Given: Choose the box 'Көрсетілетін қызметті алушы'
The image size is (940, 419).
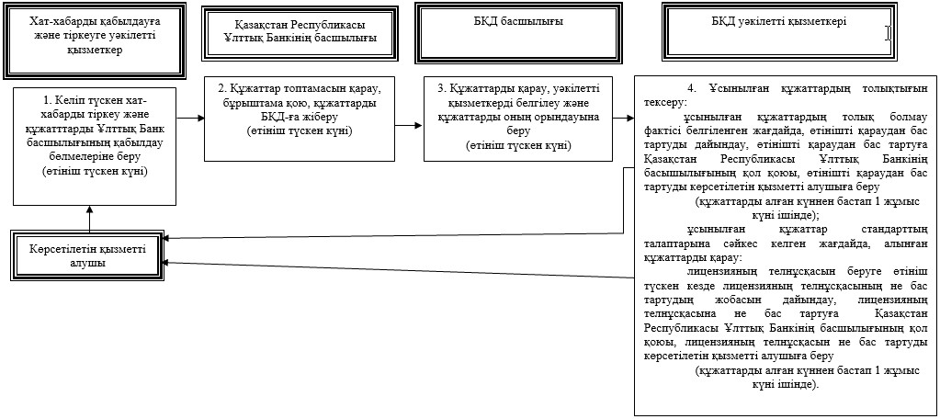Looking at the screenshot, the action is [x=90, y=255].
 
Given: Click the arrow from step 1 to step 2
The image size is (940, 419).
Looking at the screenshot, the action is [x=190, y=119].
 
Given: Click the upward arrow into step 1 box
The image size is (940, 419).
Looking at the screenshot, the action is [x=90, y=217].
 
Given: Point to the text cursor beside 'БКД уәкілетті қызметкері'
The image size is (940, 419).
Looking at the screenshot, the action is [x=888, y=33].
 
